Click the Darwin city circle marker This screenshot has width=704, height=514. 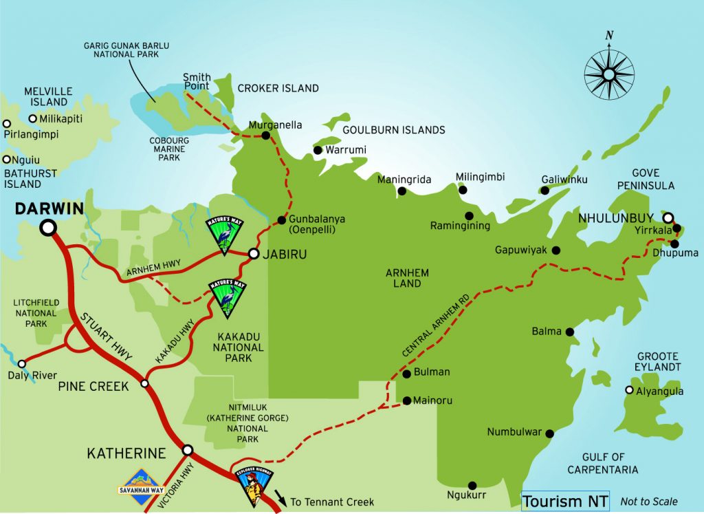(48, 227)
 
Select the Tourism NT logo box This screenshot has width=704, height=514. (565, 502)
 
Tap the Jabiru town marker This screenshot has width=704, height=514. (253, 254)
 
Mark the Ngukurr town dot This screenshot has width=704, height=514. (472, 485)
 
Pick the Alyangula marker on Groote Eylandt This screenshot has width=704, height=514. (628, 390)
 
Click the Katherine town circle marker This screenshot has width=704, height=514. (188, 450)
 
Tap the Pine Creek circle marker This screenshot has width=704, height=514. (144, 383)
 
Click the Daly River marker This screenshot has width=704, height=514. (22, 363)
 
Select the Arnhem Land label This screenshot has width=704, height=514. (408, 279)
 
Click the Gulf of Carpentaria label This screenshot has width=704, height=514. (602, 463)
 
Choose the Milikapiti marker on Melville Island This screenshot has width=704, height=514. (32, 118)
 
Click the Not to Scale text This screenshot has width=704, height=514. (648, 502)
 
